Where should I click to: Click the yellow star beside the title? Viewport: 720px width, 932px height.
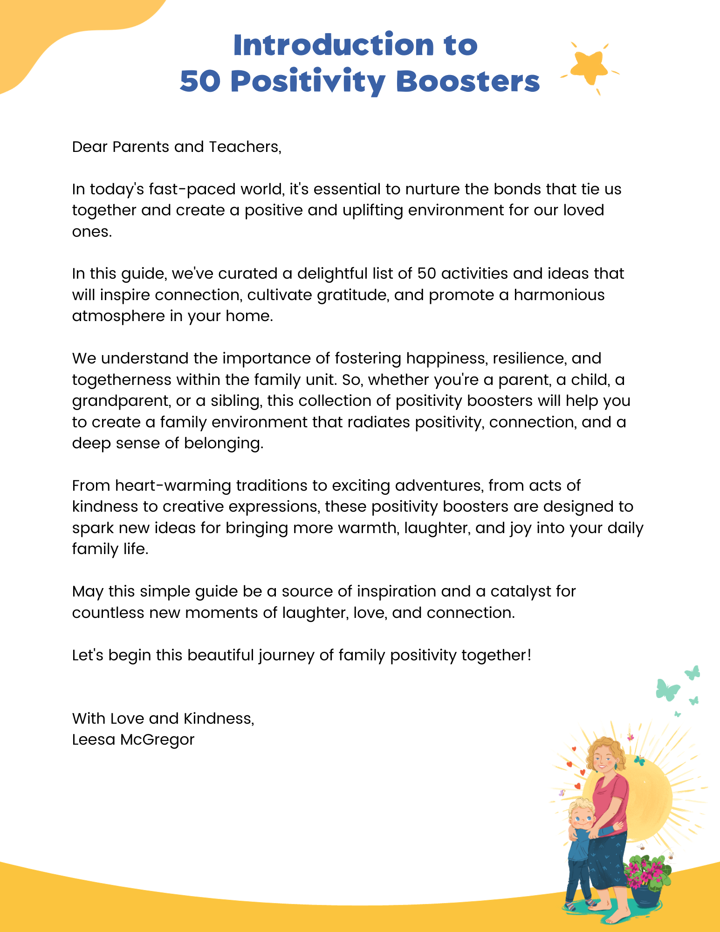pyautogui.click(x=590, y=68)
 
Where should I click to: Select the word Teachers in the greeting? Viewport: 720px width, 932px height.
pyautogui.click(x=245, y=147)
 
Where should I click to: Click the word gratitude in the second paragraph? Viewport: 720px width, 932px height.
pyautogui.click(x=353, y=295)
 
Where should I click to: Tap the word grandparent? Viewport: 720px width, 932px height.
pyautogui.click(x=121, y=401)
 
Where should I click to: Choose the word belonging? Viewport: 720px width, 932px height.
pyautogui.click(x=223, y=443)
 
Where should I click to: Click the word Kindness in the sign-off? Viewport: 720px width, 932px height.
pyautogui.click(x=219, y=719)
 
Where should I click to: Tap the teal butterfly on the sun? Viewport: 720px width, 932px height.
pyautogui.click(x=639, y=761)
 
